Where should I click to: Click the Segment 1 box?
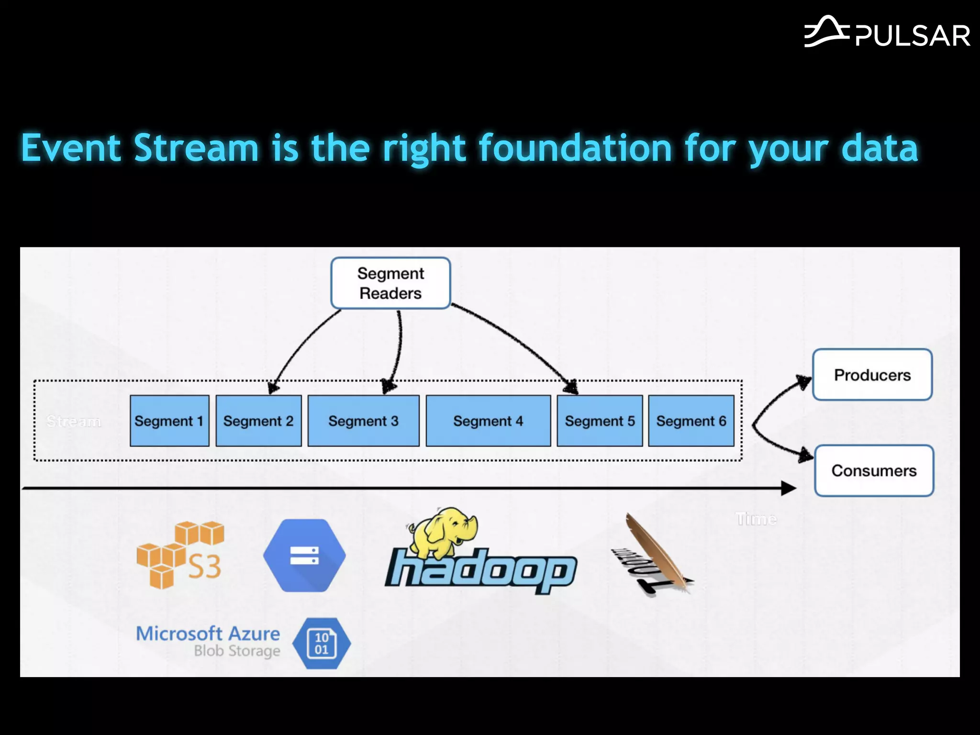pyautogui.click(x=169, y=421)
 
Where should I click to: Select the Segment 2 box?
pyautogui.click(x=258, y=421)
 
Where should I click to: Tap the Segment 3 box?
pyautogui.click(x=363, y=421)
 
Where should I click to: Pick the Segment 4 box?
pyautogui.click(x=488, y=421)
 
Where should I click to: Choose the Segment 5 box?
pyautogui.click(x=600, y=421)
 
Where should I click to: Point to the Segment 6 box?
pyautogui.click(x=691, y=421)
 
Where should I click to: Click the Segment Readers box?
pyautogui.click(x=390, y=283)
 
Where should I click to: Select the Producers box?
pyautogui.click(x=872, y=375)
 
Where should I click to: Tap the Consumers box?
pyautogui.click(x=874, y=470)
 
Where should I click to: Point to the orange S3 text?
pyautogui.click(x=204, y=567)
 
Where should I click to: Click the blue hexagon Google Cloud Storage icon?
pyautogui.click(x=304, y=556)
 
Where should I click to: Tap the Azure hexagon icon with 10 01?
pyautogui.click(x=322, y=644)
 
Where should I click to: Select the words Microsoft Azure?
pyautogui.click(x=208, y=633)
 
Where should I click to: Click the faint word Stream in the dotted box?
pyautogui.click(x=74, y=421)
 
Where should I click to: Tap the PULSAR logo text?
pyautogui.click(x=912, y=36)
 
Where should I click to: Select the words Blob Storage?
pyautogui.click(x=237, y=651)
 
